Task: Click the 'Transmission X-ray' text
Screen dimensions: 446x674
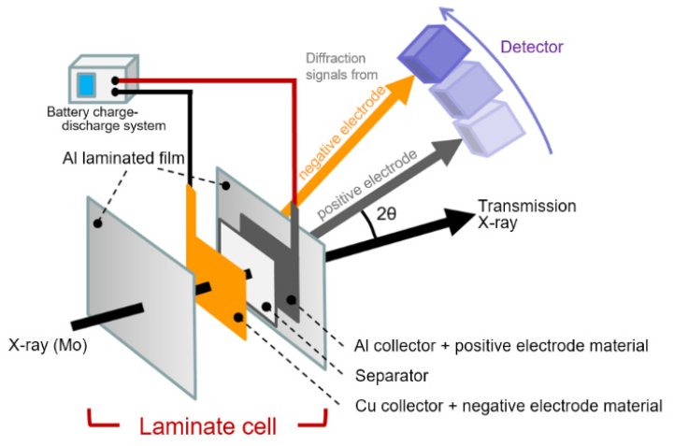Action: pos(526,213)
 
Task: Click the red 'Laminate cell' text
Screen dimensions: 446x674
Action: pos(208,427)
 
